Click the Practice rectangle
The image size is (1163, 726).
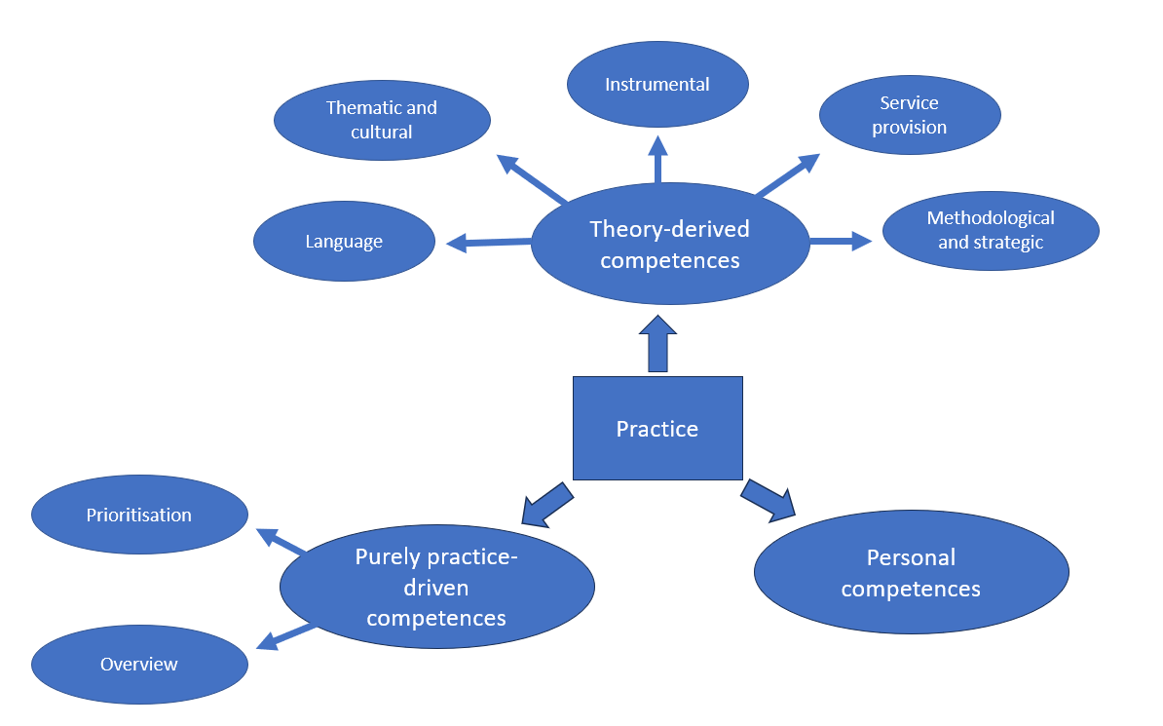[x=657, y=429]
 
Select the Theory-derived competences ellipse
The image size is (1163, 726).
[x=670, y=244]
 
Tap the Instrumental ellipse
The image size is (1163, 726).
[x=657, y=84]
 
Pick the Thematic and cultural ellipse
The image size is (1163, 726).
[x=382, y=120]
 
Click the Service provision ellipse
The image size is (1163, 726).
[x=909, y=115]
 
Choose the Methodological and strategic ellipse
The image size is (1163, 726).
[x=991, y=231]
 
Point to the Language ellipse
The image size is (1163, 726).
[x=344, y=242]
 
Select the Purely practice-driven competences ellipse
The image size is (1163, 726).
[x=436, y=587]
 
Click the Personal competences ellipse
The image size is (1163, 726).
[x=911, y=572]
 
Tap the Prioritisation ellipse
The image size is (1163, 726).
[x=139, y=515]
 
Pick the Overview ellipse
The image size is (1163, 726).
[x=139, y=665]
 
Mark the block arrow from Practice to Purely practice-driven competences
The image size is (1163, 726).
[x=547, y=502]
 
